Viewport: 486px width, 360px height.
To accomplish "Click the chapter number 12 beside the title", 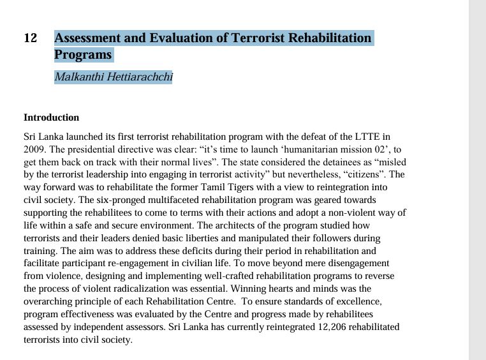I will click(x=31, y=38).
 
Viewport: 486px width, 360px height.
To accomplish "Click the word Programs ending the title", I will click(x=83, y=55).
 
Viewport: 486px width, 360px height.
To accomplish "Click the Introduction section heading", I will click(x=51, y=117).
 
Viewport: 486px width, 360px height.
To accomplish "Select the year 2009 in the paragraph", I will click(x=34, y=149).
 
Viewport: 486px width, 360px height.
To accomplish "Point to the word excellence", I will click(x=361, y=301).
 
